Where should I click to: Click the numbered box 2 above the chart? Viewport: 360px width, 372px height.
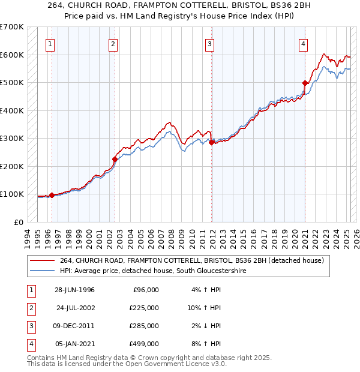point(113,43)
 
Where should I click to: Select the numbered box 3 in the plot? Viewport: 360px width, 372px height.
point(209,43)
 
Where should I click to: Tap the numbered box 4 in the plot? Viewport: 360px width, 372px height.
point(304,43)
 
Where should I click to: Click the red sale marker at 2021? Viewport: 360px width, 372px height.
point(305,83)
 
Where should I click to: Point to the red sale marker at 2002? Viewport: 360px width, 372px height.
point(115,160)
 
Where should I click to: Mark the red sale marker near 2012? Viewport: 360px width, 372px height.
point(211,143)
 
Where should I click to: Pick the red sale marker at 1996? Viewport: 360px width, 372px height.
point(52,195)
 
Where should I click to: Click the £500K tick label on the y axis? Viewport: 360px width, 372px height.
point(12,82)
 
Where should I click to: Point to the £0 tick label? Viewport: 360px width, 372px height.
point(18,222)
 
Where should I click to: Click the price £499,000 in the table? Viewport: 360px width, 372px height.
point(144,344)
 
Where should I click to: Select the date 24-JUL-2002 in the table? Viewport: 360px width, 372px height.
point(74,308)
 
